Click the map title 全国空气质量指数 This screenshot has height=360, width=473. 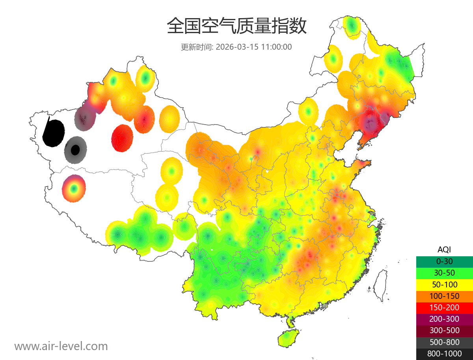pyautogui.click(x=236, y=26)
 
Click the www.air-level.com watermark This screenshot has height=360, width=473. pyautogui.click(x=61, y=346)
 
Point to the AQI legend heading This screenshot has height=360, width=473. pyautogui.click(x=444, y=250)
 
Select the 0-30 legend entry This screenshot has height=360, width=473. pyautogui.click(x=444, y=261)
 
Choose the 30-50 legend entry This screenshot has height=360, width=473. pyautogui.click(x=444, y=273)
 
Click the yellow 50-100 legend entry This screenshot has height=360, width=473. pyautogui.click(x=444, y=284)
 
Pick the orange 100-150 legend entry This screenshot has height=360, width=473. pyautogui.click(x=444, y=296)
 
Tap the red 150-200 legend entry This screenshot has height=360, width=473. pyautogui.click(x=444, y=308)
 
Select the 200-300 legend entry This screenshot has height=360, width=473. pyautogui.click(x=444, y=319)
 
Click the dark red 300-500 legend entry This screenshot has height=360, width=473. pyautogui.click(x=444, y=330)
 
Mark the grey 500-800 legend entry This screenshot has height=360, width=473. pyautogui.click(x=444, y=342)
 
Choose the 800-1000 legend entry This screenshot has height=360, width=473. pyautogui.click(x=444, y=354)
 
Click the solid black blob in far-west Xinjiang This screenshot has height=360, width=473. pyautogui.click(x=54, y=133)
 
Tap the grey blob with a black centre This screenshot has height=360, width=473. pyautogui.click(x=75, y=150)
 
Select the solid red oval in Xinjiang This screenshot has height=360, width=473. pyautogui.click(x=123, y=138)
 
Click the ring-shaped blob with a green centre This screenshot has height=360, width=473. pyautogui.click(x=74, y=188)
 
